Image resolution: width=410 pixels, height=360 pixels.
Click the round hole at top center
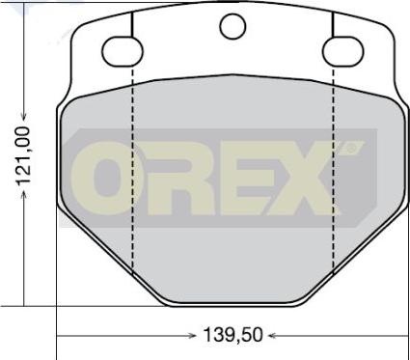point(232,26)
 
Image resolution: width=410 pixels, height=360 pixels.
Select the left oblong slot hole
point(123,51)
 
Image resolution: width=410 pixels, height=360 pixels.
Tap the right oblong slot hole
point(343,51)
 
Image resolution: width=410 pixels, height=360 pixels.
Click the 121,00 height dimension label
point(23,155)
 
